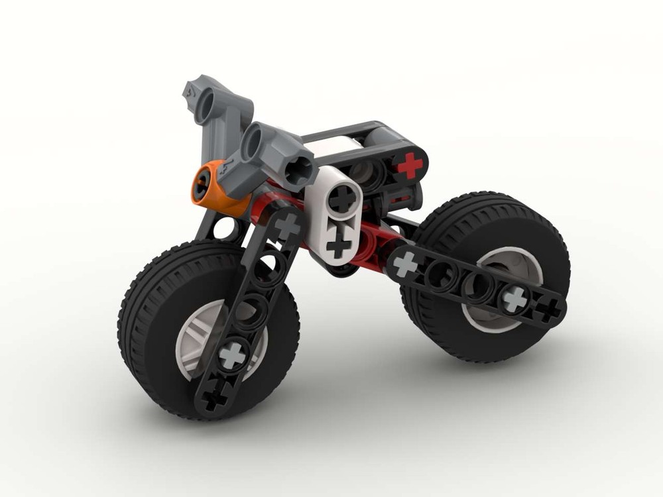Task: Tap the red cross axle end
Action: pyautogui.click(x=410, y=165)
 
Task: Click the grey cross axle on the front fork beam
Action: pyautogui.click(x=233, y=355)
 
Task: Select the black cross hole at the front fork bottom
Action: pyautogui.click(x=213, y=399)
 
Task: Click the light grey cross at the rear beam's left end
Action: pyautogui.click(x=406, y=264)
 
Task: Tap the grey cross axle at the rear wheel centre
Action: pyautogui.click(x=514, y=300)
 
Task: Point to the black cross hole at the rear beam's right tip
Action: pyautogui.click(x=548, y=310)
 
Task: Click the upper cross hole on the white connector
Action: pyautogui.click(x=342, y=198)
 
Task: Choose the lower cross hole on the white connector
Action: pyautogui.click(x=338, y=247)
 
